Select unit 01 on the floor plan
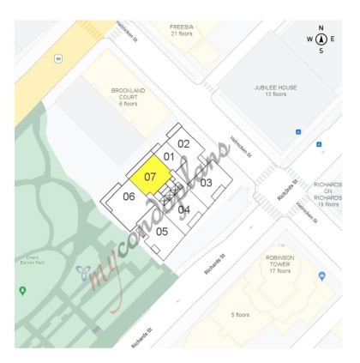click(x=169, y=157)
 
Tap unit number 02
click(x=183, y=144)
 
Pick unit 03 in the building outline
click(x=206, y=182)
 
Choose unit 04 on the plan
click(x=183, y=209)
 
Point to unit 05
click(x=161, y=231)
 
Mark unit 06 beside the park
click(x=129, y=197)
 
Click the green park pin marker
click(x=22, y=291)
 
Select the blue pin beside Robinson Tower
click(x=322, y=275)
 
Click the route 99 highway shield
click(x=58, y=59)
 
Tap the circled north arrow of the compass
click(x=321, y=39)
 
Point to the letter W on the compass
click(x=309, y=39)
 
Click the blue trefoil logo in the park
click(x=83, y=273)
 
